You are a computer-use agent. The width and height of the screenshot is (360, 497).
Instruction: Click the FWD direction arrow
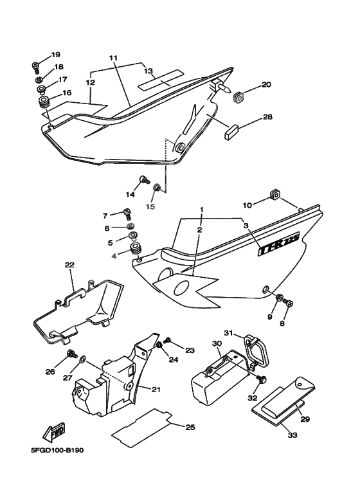54,432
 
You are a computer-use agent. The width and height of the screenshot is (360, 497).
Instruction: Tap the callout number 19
55,55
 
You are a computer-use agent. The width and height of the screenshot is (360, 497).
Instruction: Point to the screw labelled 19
35,67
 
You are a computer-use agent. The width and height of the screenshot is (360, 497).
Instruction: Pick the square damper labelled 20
239,96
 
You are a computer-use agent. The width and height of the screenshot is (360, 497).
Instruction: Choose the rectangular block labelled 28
231,132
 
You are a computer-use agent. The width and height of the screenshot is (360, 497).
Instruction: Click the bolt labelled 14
144,181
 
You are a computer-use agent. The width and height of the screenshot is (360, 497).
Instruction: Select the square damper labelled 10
274,194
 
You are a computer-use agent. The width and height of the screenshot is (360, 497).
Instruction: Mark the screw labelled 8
288,302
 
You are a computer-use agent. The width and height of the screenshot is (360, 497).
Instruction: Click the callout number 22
69,265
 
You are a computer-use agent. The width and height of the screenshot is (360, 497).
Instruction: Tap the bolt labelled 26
72,354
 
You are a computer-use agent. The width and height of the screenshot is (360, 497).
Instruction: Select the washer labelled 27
82,359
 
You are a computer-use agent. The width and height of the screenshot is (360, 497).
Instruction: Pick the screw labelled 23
168,340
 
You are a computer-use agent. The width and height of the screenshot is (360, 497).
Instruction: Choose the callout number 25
190,428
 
